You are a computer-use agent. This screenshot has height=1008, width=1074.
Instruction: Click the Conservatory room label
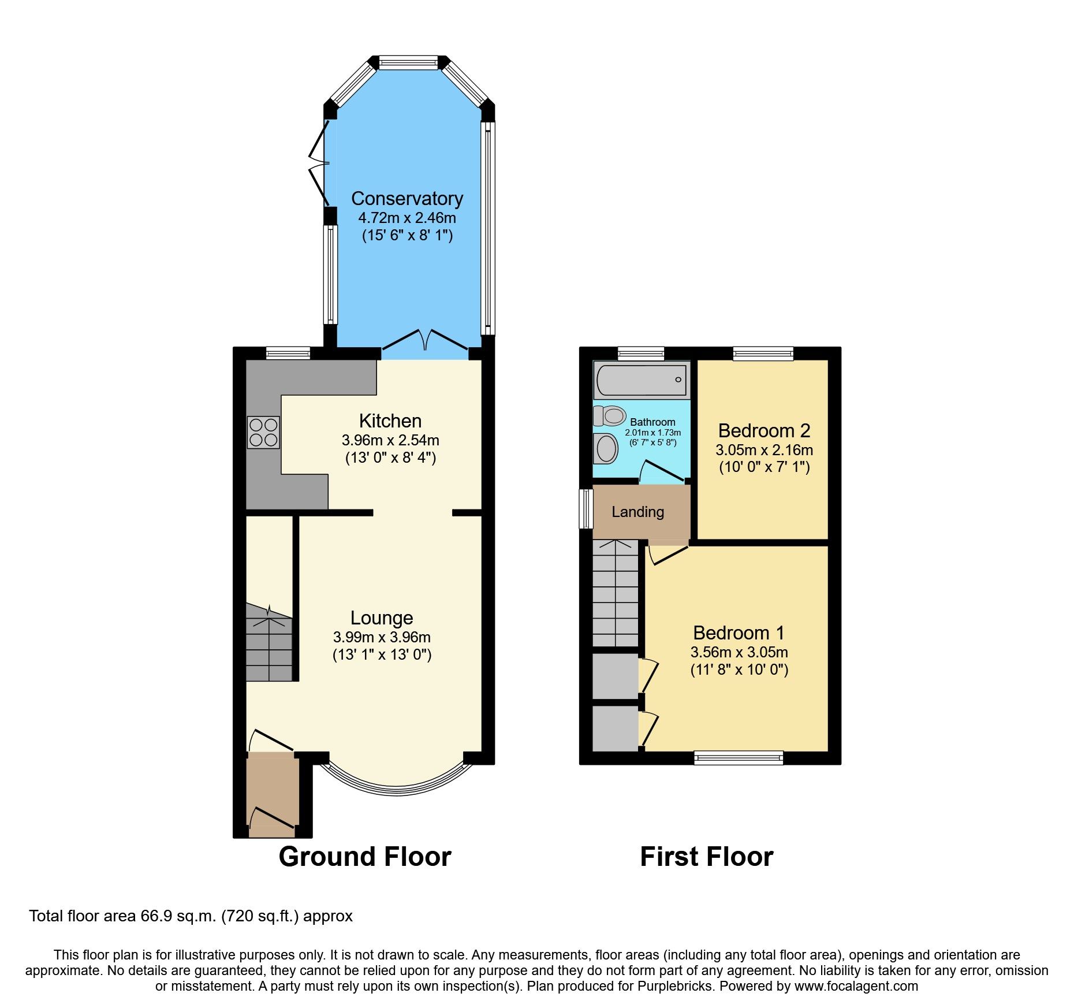click(407, 199)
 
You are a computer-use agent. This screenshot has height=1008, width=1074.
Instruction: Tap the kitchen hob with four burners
click(263, 433)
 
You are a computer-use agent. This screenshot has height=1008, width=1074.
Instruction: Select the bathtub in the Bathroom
click(641, 380)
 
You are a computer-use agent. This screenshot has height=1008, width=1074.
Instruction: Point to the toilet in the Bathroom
click(611, 415)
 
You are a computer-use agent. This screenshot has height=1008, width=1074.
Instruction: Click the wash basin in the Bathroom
click(606, 448)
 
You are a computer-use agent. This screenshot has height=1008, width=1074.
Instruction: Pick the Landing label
click(637, 512)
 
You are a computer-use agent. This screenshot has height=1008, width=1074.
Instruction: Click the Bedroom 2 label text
click(763, 430)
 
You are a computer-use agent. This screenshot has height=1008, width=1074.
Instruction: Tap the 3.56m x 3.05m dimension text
click(739, 652)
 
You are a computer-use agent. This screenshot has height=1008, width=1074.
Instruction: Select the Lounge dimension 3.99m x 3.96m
click(382, 637)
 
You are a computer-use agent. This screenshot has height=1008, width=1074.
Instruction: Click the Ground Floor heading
click(364, 856)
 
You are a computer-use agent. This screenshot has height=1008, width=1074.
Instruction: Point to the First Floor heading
click(706, 856)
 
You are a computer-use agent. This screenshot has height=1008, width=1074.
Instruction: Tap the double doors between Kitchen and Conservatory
click(425, 342)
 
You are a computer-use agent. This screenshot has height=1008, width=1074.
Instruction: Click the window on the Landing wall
click(586, 509)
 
